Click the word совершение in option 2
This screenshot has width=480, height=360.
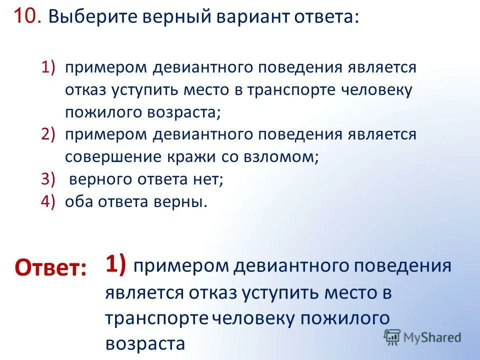pos(109,157)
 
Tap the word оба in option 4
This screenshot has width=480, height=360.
pos(78,201)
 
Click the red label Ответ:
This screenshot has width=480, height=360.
pos(50,268)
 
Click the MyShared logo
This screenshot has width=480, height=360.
pos(422,337)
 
